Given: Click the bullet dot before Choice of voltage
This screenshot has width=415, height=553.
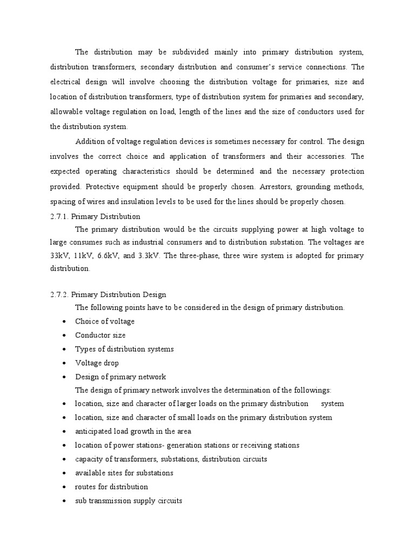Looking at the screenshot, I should pyautogui.click(x=64, y=321).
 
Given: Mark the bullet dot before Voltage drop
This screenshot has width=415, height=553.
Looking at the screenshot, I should pyautogui.click(x=64, y=363).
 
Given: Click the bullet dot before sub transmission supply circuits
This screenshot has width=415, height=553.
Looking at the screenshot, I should pyautogui.click(x=64, y=501).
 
